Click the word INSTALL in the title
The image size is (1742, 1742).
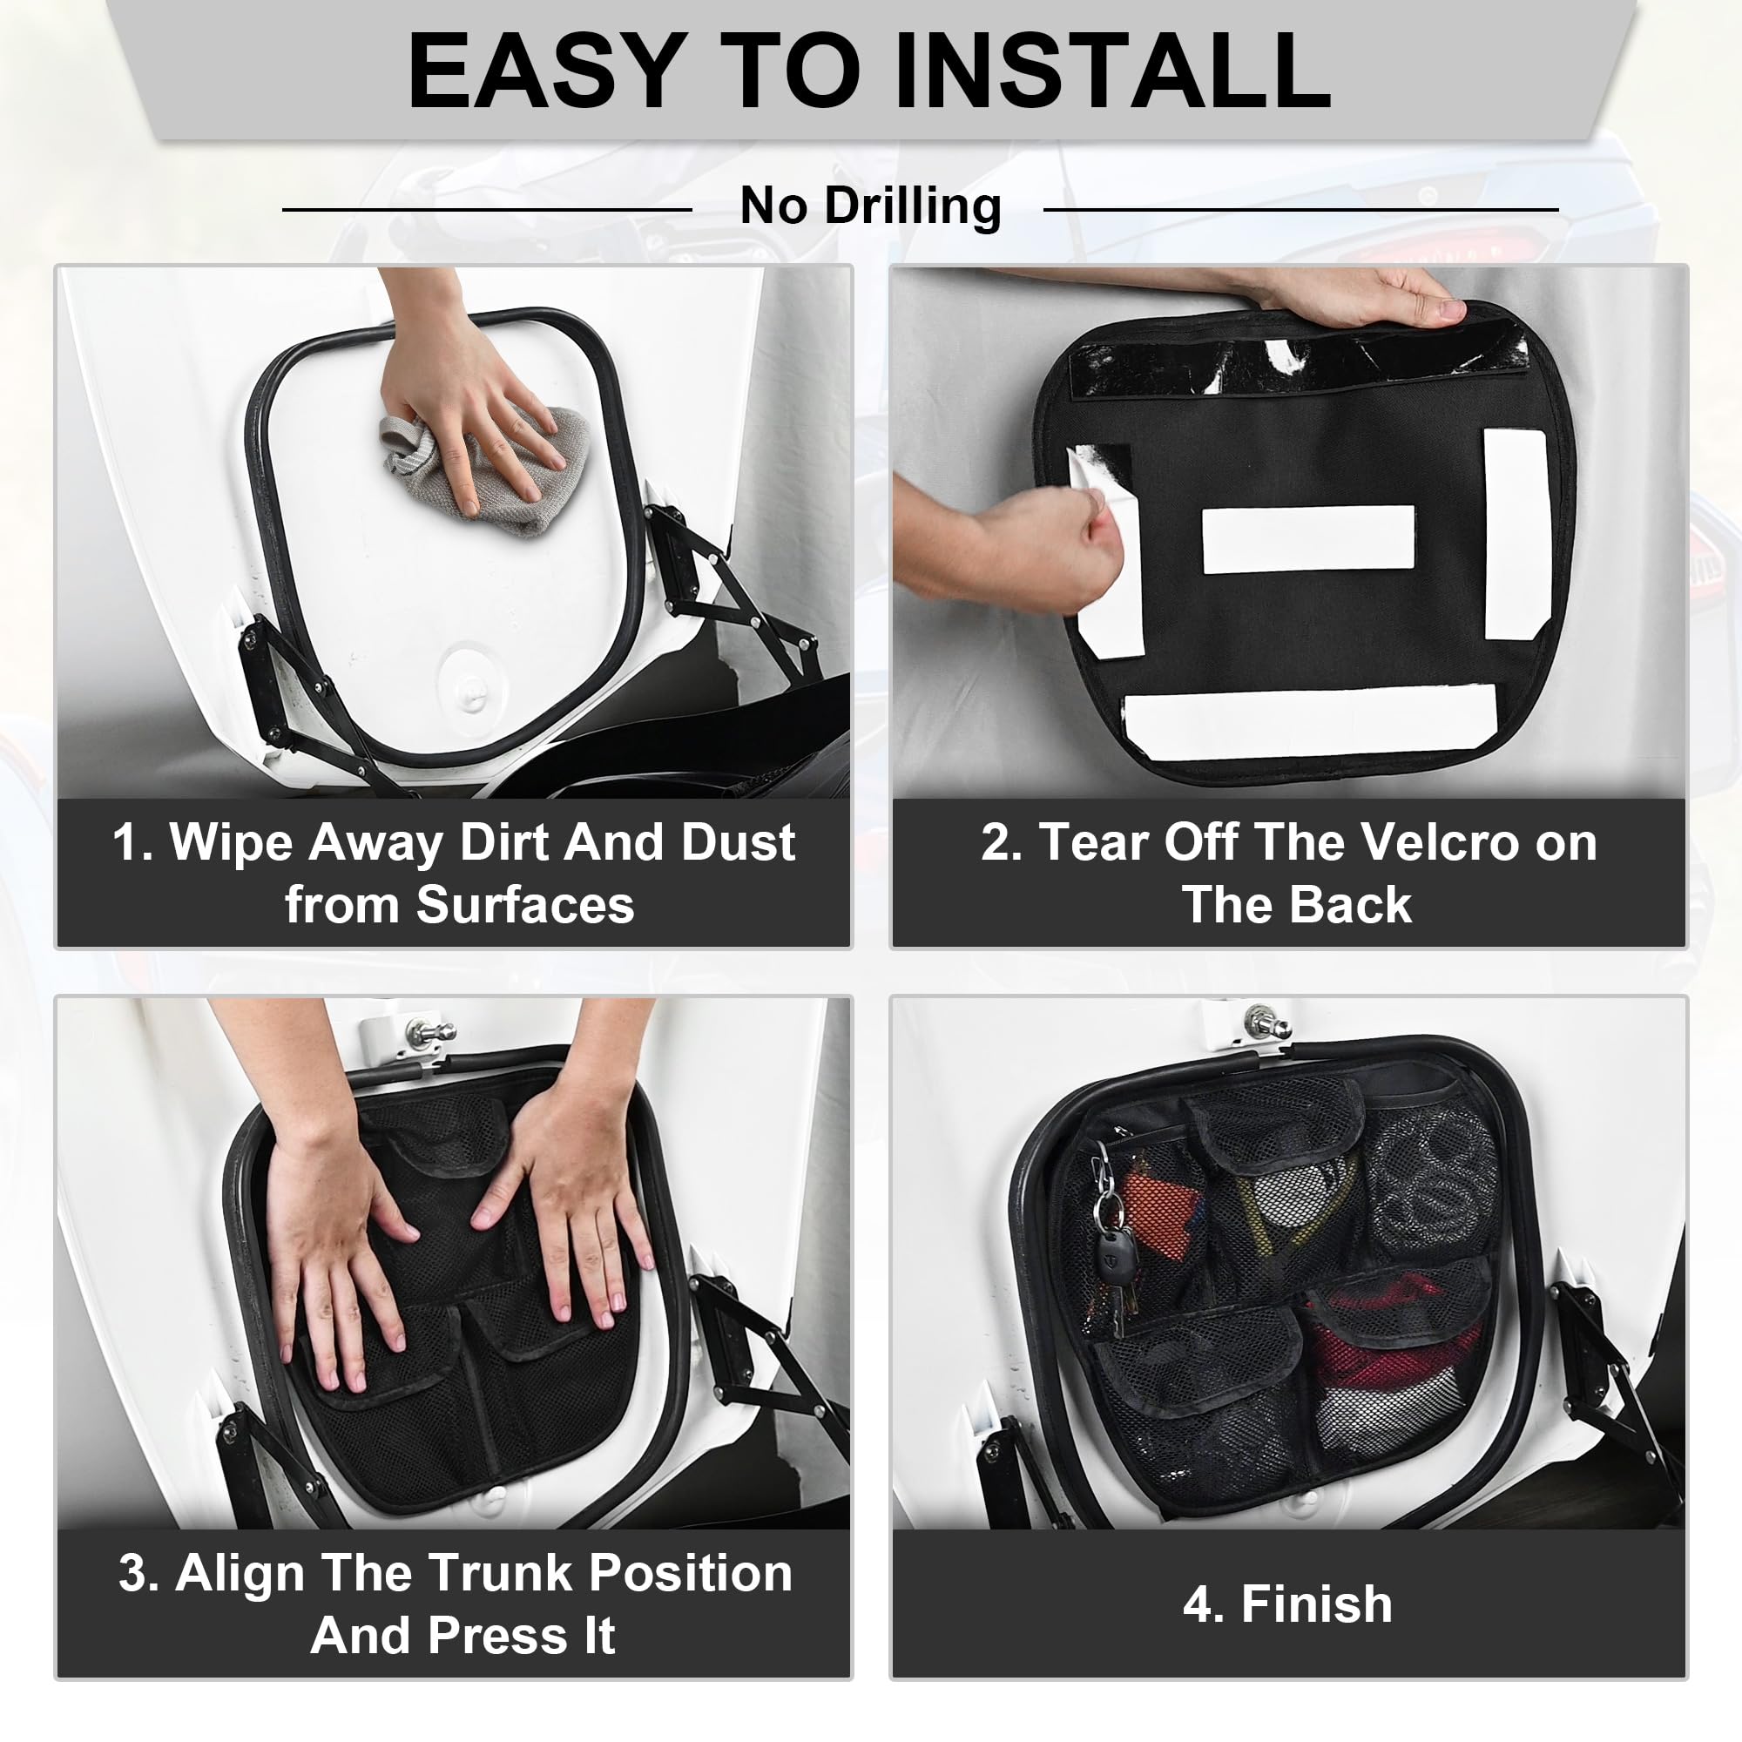point(1111,71)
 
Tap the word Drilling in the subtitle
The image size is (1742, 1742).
point(913,206)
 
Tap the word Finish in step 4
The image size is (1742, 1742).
point(1316,1604)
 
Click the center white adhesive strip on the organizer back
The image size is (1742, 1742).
point(1308,539)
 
